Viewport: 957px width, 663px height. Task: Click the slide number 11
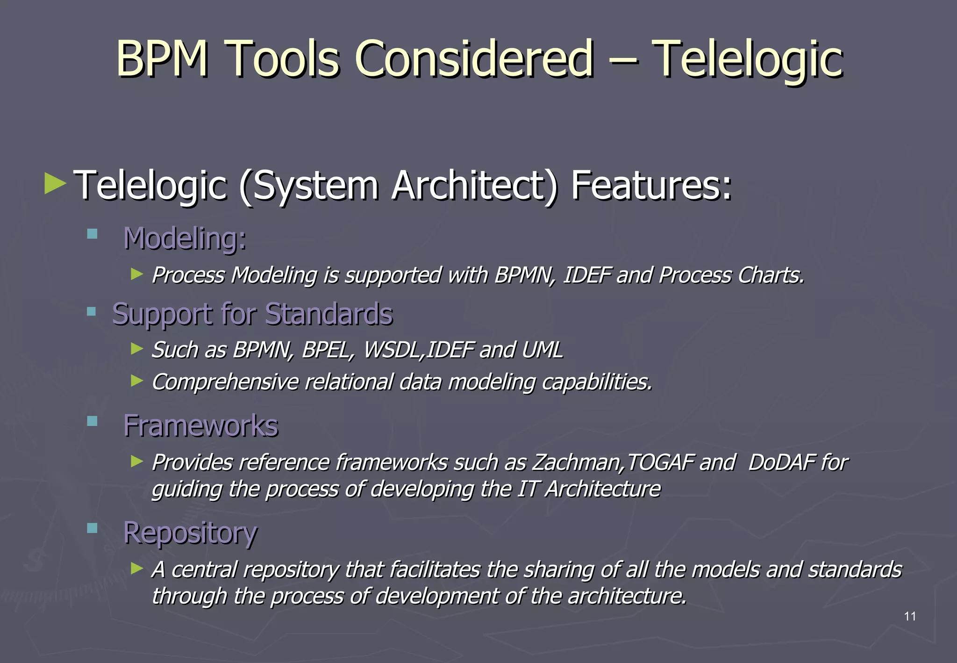coord(909,616)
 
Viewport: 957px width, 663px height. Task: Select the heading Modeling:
coord(185,238)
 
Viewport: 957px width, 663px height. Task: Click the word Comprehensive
coord(225,382)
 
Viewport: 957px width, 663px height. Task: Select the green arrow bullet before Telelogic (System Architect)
coord(55,184)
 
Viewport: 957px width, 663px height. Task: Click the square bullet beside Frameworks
coord(92,421)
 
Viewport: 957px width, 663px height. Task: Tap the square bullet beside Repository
coord(92,528)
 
